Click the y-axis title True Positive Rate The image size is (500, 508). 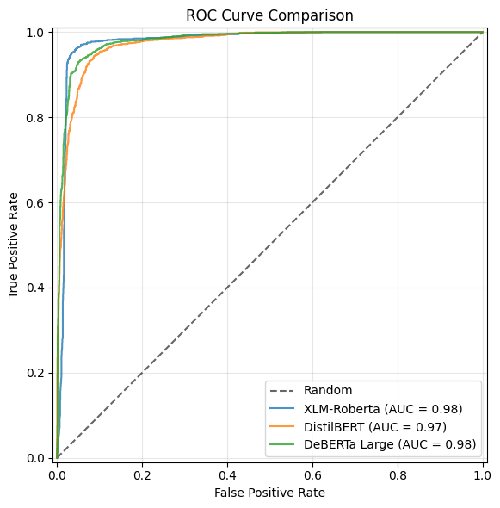(x=14, y=245)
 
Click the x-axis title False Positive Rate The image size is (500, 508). (x=269, y=493)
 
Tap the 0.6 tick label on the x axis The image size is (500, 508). (x=312, y=473)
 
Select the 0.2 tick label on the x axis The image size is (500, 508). (x=142, y=473)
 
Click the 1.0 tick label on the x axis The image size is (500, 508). (x=482, y=473)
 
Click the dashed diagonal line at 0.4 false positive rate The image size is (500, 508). (x=227, y=288)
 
